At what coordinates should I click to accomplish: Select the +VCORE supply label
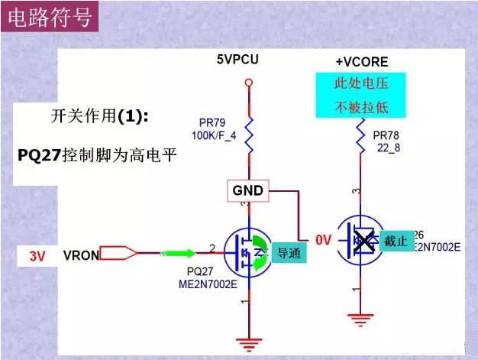[361, 62]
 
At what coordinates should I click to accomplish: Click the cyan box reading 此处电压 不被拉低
[361, 95]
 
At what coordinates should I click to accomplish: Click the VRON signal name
[81, 255]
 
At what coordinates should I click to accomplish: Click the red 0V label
[324, 241]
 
